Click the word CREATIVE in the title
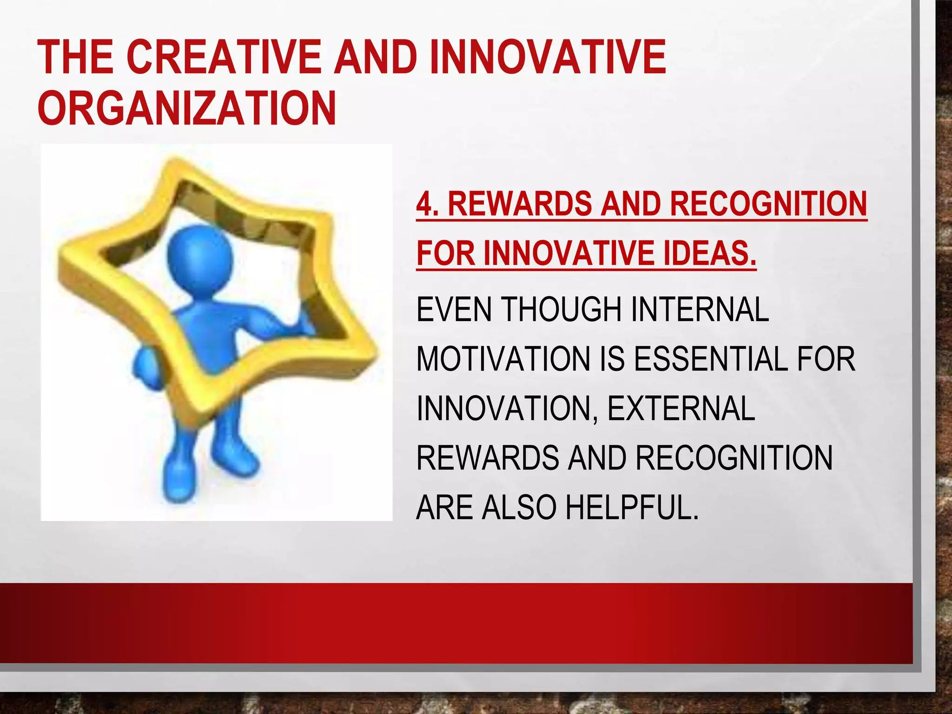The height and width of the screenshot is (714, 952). [223, 57]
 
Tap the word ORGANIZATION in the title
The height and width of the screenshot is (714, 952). [187, 108]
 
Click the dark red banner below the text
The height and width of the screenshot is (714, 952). [456, 623]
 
